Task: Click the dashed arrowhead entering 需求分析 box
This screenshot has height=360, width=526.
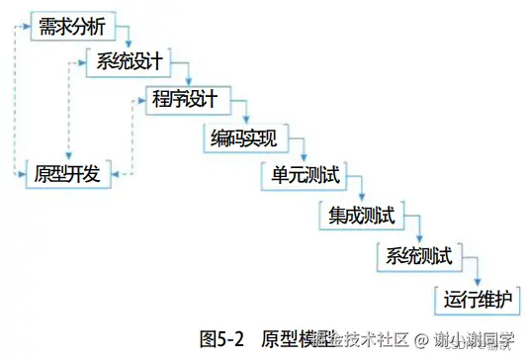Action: click(29, 26)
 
